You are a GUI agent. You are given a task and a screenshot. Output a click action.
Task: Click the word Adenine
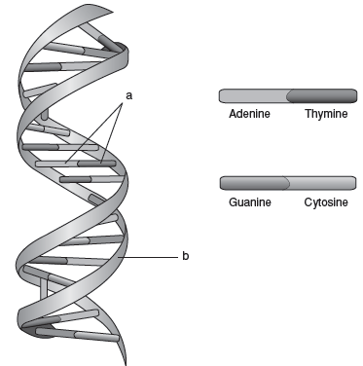[x=249, y=114]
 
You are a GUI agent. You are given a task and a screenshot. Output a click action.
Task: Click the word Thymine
[x=326, y=114]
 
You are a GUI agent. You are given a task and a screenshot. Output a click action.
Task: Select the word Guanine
[x=250, y=202]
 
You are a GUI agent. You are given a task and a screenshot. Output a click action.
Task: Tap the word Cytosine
[x=326, y=202]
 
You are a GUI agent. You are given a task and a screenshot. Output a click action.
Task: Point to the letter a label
[x=129, y=96]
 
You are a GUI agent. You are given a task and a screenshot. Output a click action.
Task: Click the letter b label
[x=185, y=256]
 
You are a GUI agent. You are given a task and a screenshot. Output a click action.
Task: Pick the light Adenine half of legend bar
[x=254, y=96]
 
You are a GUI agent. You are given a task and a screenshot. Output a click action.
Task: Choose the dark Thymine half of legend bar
[x=322, y=96]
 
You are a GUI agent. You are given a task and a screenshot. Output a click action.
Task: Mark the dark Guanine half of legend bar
[x=255, y=183]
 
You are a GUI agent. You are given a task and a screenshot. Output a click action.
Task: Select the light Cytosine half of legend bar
[x=321, y=183]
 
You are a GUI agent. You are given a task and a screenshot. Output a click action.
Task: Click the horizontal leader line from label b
[x=148, y=257]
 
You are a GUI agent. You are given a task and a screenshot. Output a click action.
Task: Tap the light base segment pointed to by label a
[x=57, y=164]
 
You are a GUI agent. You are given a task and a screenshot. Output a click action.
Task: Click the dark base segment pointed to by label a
[x=96, y=164]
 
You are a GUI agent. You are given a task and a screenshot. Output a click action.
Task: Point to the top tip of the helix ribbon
[x=113, y=13]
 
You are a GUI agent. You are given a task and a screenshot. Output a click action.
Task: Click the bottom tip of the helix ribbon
[x=126, y=364]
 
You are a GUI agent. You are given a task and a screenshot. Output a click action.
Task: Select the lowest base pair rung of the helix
[x=77, y=335]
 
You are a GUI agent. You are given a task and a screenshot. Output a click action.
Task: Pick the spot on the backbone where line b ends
[x=119, y=257]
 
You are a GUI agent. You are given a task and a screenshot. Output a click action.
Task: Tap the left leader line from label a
[x=93, y=133]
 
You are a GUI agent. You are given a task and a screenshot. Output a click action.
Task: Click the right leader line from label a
[x=112, y=133]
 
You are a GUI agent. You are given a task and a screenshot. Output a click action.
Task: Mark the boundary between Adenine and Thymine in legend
[x=288, y=96]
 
